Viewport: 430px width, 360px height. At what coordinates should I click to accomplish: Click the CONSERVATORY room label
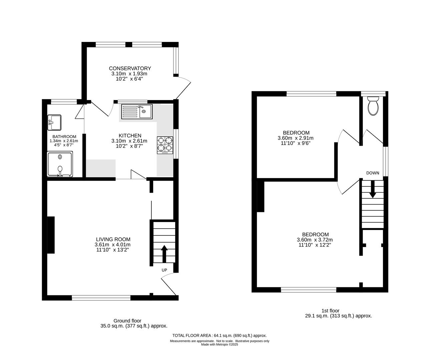[130, 68]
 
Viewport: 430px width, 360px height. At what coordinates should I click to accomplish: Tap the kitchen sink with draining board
[137, 112]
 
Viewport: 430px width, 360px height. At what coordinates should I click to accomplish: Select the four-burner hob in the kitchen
[165, 145]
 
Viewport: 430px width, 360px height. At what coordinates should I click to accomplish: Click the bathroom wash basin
[54, 122]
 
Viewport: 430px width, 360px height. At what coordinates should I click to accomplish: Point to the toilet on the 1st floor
[373, 106]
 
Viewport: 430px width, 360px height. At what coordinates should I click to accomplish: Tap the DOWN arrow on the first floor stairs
[373, 189]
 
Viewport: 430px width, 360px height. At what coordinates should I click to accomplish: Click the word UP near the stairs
[164, 270]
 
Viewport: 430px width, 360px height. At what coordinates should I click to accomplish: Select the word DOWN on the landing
[373, 173]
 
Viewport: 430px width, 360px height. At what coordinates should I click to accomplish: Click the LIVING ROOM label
[113, 239]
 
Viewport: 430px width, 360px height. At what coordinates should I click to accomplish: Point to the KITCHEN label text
[130, 136]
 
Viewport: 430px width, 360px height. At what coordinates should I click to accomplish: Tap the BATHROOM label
[64, 137]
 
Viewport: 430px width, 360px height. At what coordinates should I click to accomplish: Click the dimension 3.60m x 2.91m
[296, 138]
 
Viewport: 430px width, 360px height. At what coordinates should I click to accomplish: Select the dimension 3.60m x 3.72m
[315, 240]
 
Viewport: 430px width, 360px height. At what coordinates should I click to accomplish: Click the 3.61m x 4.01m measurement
[112, 245]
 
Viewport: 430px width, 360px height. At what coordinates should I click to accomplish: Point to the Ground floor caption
[127, 321]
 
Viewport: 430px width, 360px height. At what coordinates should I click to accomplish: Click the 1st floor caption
[330, 311]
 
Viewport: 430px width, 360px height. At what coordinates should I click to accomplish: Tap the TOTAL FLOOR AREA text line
[220, 336]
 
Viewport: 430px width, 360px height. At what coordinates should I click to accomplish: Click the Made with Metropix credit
[220, 345]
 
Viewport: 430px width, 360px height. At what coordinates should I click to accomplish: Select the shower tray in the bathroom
[60, 164]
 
